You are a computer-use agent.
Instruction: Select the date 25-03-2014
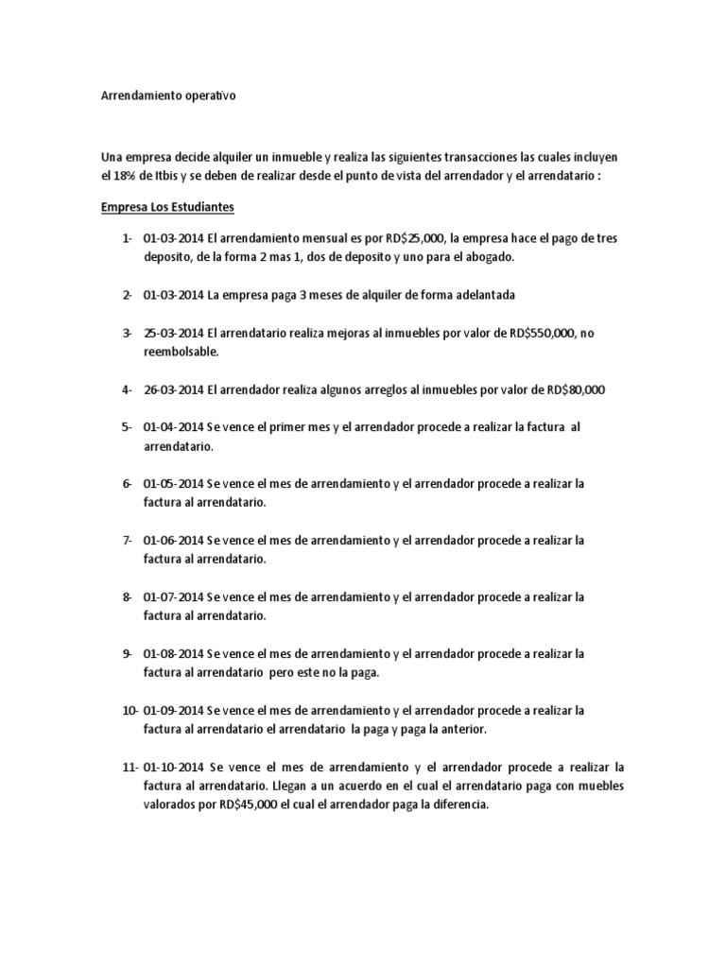pyautogui.click(x=173, y=333)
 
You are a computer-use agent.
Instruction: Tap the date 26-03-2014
pyautogui.click(x=173, y=389)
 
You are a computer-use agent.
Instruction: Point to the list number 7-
pyautogui.click(x=127, y=540)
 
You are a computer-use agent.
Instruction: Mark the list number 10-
pyautogui.click(x=130, y=710)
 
